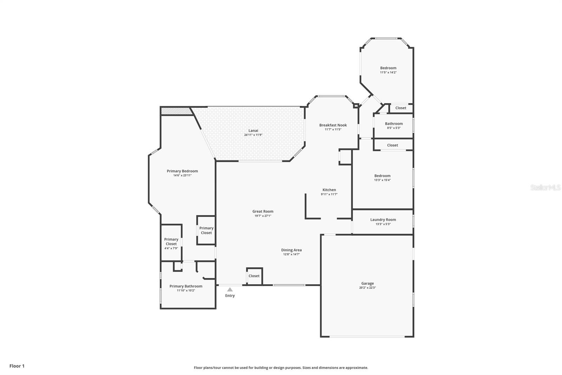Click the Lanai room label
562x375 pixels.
tap(253, 131)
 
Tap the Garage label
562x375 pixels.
tap(367, 283)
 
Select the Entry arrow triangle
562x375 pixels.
tap(230, 290)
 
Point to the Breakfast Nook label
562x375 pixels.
tap(333, 125)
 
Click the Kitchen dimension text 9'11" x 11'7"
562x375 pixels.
tap(329, 194)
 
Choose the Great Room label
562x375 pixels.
tap(263, 211)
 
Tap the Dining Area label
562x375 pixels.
tap(291, 250)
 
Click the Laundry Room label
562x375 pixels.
tap(383, 220)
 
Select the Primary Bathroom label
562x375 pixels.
tap(186, 286)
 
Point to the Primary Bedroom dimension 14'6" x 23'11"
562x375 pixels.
tap(182, 176)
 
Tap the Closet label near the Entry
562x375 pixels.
tap(254, 276)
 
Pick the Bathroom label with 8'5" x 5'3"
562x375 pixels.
tap(394, 123)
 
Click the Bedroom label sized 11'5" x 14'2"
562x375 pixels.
tap(388, 68)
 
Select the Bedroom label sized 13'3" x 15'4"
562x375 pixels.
tap(383, 176)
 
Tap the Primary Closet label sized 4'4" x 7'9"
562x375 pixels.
tap(171, 242)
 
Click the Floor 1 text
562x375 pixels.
tap(17, 366)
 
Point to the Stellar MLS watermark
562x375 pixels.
tap(546, 187)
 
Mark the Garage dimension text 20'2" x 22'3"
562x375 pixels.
tap(367, 287)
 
